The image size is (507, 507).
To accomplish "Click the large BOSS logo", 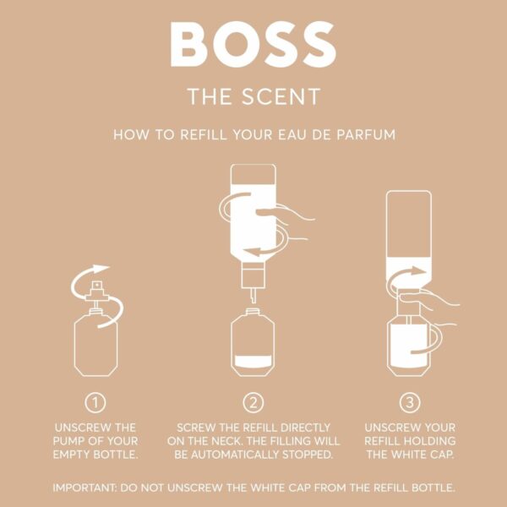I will click(x=253, y=43).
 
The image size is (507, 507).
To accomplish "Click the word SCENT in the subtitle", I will click(x=283, y=95).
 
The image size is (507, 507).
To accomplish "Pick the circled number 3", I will click(x=408, y=402).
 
